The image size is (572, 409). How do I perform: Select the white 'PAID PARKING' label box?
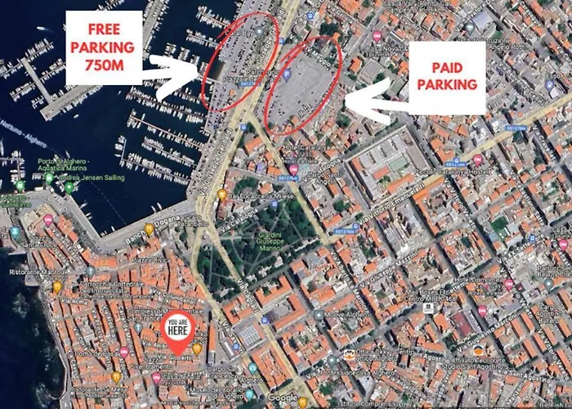[x=447, y=78]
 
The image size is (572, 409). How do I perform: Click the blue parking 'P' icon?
[x=287, y=75]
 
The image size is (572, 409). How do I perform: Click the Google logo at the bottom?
[x=283, y=398]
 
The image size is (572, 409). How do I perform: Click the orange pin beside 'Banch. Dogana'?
[x=149, y=229]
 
